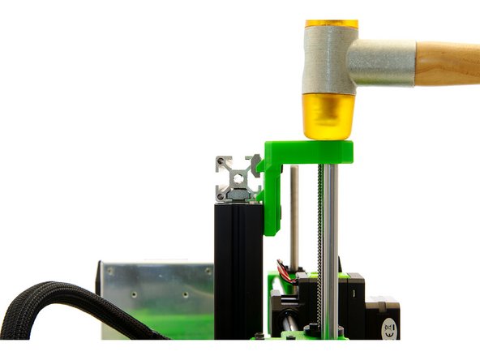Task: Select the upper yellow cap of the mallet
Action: pos(331,24)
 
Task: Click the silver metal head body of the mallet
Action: pos(328,61)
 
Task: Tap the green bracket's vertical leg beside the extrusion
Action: pos(272,199)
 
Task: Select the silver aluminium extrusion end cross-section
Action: pos(237,178)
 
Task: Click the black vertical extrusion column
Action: pos(238,268)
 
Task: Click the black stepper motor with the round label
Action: pos(381,312)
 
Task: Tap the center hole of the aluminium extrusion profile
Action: pos(237,178)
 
